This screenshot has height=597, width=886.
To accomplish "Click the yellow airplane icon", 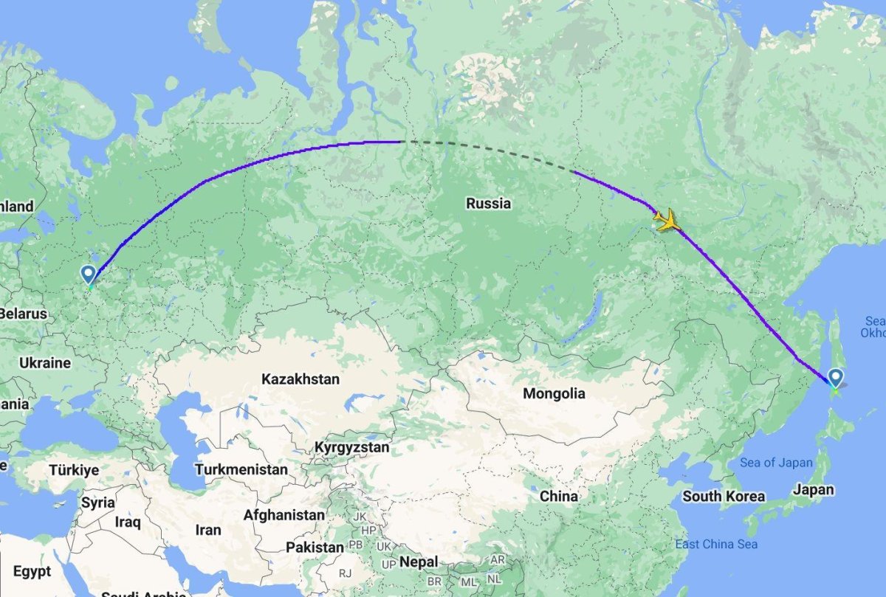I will [667, 220].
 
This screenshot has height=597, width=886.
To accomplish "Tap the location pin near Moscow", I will [89, 275].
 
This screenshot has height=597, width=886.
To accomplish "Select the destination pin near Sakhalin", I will [835, 378].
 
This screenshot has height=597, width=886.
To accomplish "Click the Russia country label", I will [488, 203].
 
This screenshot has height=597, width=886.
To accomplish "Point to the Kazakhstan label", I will [301, 379].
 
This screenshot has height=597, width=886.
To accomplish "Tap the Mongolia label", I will [554, 393].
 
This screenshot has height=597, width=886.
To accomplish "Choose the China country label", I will [558, 496].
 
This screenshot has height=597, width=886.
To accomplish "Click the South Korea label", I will [724, 496].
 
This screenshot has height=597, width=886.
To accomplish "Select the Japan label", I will [814, 489].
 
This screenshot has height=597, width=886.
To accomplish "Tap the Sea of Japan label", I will [775, 463].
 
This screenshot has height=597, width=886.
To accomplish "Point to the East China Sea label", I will [716, 545].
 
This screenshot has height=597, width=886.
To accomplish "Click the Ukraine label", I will [46, 363].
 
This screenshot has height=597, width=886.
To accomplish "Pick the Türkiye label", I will [74, 469].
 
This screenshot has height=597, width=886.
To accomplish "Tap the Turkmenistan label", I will [241, 469].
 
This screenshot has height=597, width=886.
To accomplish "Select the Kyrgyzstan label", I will [351, 447].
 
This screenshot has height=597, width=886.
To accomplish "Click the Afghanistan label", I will [284, 514].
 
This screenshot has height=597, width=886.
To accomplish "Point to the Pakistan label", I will [315, 548].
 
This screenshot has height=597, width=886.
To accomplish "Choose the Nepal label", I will [419, 562].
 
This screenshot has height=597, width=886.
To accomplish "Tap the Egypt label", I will [32, 571].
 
